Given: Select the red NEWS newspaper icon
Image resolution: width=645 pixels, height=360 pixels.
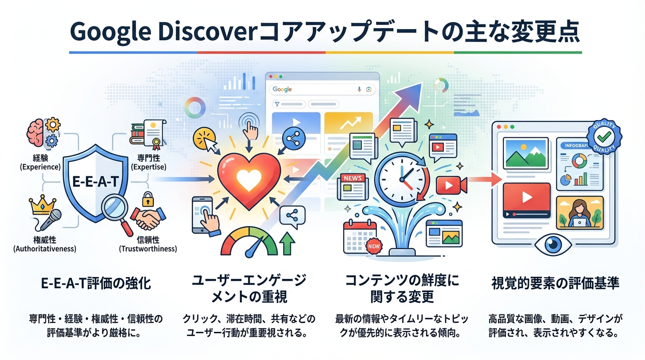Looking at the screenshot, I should tap(353, 186).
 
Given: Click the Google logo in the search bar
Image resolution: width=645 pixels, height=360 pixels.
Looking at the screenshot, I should tap(282, 90).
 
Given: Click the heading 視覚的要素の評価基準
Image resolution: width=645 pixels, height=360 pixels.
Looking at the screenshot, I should tap(555, 284).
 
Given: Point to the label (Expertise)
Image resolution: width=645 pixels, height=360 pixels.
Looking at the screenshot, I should tap(149, 167).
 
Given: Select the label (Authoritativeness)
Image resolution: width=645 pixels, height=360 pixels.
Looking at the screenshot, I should tap(45, 249).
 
